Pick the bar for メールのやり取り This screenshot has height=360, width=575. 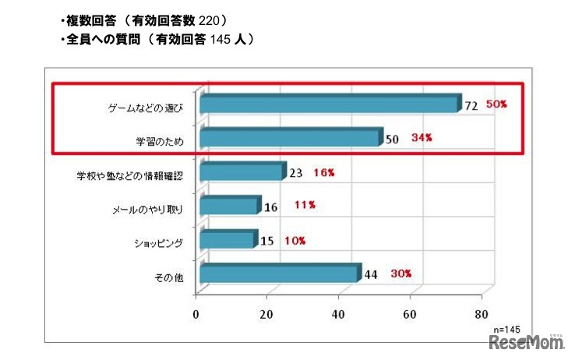(x=230, y=206)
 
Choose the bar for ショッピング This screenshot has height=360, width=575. (x=228, y=240)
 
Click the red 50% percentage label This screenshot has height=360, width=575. (x=496, y=104)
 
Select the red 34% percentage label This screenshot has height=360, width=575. (x=422, y=138)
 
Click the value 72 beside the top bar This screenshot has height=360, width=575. (x=471, y=105)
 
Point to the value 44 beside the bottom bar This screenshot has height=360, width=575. (x=372, y=274)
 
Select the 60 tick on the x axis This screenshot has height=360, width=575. (x=410, y=315)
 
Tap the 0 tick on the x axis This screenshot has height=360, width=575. (x=196, y=315)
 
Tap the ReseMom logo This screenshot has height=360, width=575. (x=526, y=344)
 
